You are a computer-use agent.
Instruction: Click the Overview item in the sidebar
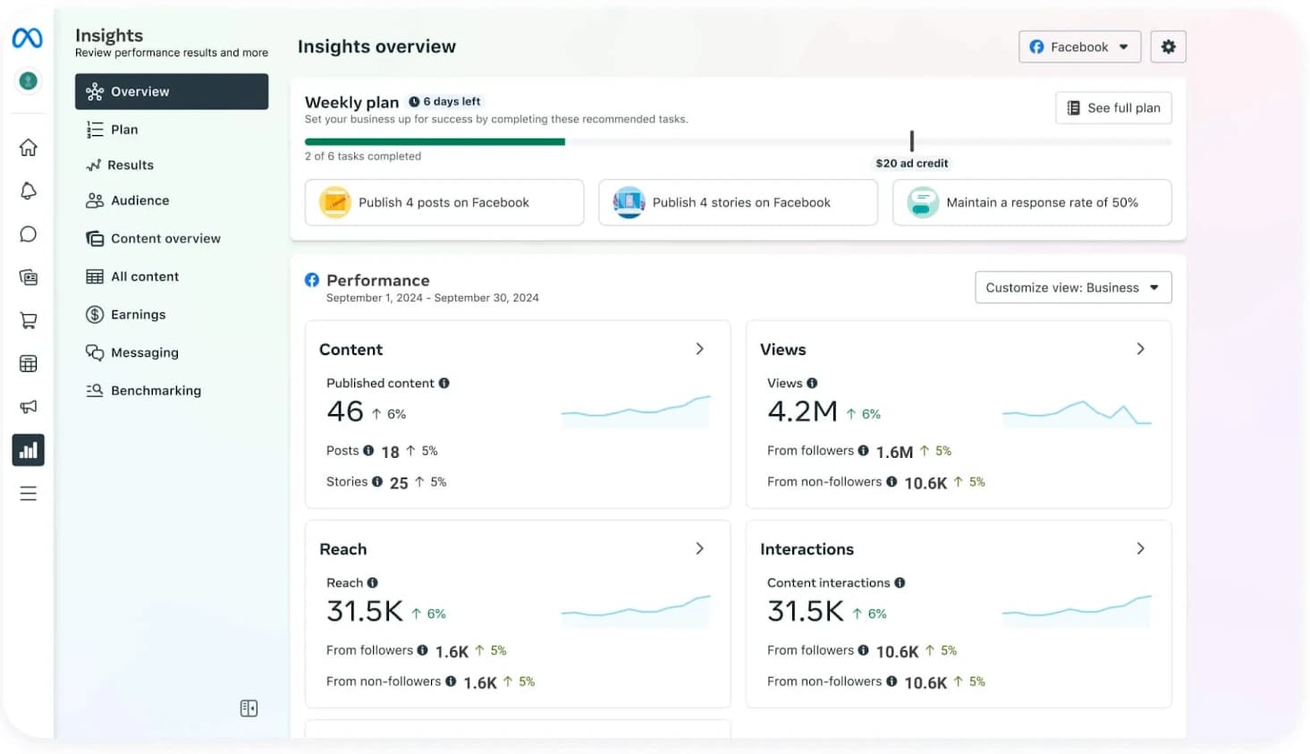(x=171, y=91)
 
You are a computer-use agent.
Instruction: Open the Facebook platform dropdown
(x=1078, y=47)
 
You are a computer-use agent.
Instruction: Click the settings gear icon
(x=1168, y=47)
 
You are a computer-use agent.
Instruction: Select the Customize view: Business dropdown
(x=1072, y=288)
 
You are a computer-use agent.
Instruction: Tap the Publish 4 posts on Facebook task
(x=444, y=203)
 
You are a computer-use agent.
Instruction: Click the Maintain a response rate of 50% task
(x=1031, y=203)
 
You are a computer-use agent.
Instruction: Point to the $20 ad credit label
(x=911, y=164)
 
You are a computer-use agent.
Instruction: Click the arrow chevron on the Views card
(x=1140, y=349)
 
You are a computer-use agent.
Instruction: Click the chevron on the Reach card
(x=699, y=548)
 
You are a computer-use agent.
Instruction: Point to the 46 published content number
(x=345, y=411)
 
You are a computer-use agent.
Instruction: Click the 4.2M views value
(x=802, y=411)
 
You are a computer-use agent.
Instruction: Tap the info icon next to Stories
(x=377, y=482)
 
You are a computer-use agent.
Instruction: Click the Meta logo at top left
(x=28, y=38)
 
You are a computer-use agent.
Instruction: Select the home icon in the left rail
(x=29, y=148)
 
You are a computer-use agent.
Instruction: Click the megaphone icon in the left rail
(x=29, y=407)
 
